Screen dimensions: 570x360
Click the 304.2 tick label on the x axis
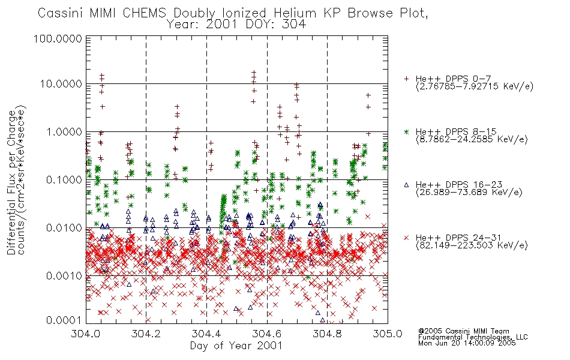146,334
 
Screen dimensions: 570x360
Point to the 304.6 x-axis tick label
267,334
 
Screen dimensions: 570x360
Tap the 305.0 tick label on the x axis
388,334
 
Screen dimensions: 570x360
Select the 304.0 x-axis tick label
86,334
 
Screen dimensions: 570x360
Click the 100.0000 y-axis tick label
58,38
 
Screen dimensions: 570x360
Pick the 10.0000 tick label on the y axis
61,84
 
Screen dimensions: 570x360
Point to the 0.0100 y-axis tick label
64,228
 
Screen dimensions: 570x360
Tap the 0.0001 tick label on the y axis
64,320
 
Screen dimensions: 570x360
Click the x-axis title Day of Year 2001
236,346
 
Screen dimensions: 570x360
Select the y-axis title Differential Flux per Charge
12,182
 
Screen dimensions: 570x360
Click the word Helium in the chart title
295,13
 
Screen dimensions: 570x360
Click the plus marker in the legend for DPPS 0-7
406,79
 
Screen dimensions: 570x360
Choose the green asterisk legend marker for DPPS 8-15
406,132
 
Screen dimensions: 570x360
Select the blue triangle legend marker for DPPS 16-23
406,185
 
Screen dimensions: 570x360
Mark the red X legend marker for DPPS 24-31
406,238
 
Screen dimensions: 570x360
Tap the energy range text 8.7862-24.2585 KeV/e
472,139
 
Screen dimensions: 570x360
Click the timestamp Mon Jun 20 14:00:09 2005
467,343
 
